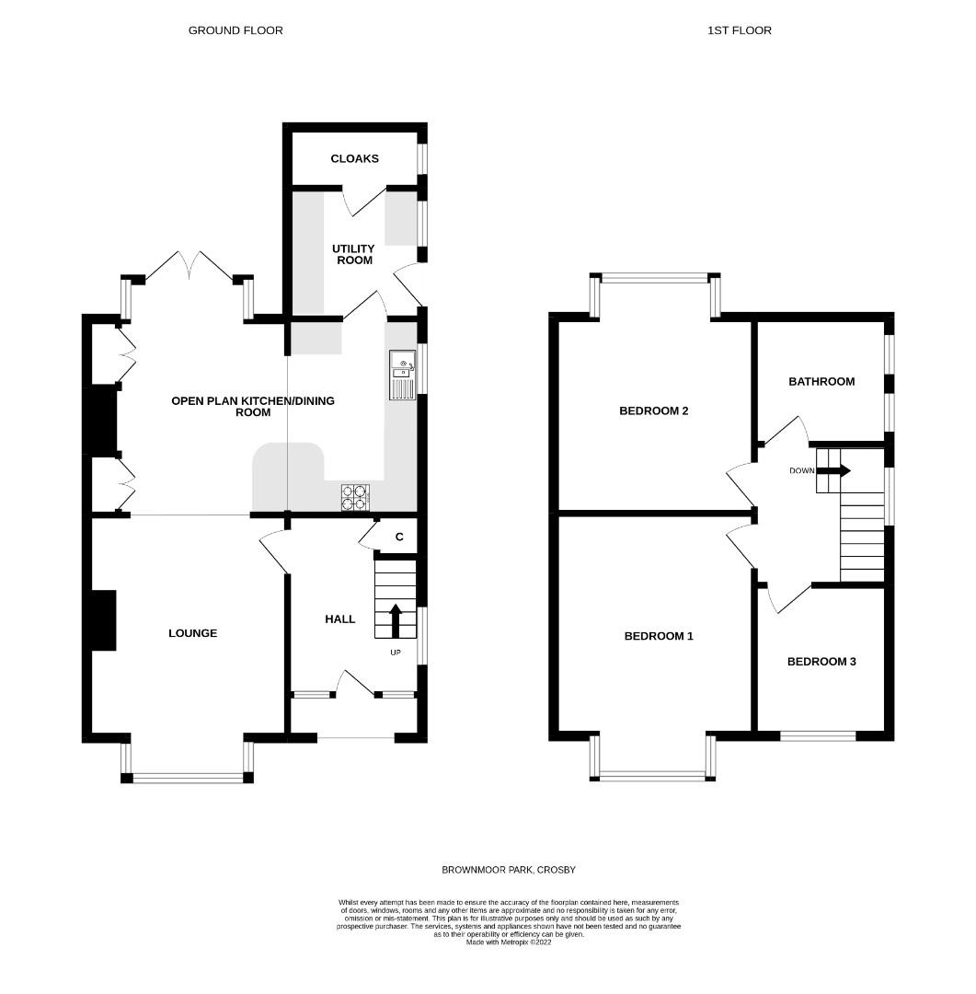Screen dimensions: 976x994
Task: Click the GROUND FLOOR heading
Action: pos(235,30)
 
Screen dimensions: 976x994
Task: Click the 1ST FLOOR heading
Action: pos(739,30)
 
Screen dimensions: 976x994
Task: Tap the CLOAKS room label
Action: pos(354,158)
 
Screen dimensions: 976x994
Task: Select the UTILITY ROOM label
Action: pos(353,254)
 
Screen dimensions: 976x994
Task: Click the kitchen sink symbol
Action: pos(402,376)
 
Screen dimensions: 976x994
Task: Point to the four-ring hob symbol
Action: pos(355,498)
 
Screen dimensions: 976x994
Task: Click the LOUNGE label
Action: pos(192,633)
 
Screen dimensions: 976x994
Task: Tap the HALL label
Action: pos(339,619)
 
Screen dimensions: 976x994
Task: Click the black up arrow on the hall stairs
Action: pos(396,620)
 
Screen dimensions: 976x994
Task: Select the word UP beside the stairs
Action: pos(396,653)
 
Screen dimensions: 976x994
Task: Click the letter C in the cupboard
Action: pos(399,537)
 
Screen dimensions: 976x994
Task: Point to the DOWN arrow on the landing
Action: pos(833,471)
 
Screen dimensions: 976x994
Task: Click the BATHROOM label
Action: pos(821,382)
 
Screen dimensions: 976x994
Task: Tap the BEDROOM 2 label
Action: pos(653,410)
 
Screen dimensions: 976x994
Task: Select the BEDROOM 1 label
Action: pos(659,636)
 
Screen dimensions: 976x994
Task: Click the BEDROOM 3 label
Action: pos(821,662)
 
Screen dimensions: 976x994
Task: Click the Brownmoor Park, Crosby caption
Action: pos(509,870)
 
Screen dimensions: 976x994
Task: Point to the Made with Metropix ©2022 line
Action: pos(509,942)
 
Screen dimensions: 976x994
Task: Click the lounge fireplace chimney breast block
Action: pos(104,620)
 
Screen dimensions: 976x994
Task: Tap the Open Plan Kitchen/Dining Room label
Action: pos(253,407)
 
